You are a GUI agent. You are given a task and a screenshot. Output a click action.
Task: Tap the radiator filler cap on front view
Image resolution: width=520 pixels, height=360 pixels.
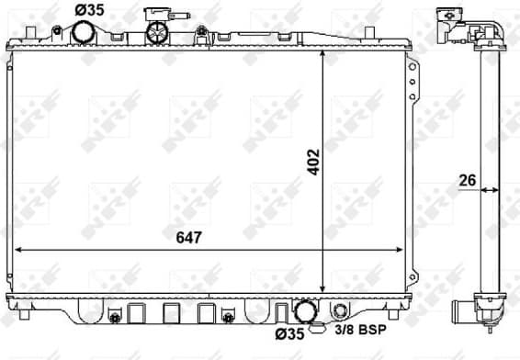[159, 31]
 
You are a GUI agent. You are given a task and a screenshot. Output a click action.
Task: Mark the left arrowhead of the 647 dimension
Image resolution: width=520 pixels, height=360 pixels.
[20, 250]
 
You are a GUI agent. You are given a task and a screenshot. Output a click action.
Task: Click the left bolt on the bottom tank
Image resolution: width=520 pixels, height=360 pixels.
[115, 318]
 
